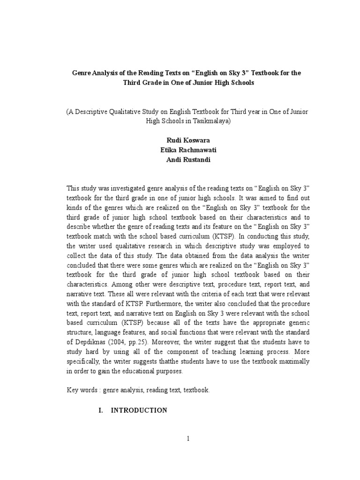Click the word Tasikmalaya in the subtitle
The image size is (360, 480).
pos(211,120)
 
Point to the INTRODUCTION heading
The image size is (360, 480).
pos(139,410)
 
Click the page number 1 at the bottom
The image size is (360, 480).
pos(187,439)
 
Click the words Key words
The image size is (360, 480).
pos(82,390)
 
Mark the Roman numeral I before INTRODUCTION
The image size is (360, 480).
pos(100,410)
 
